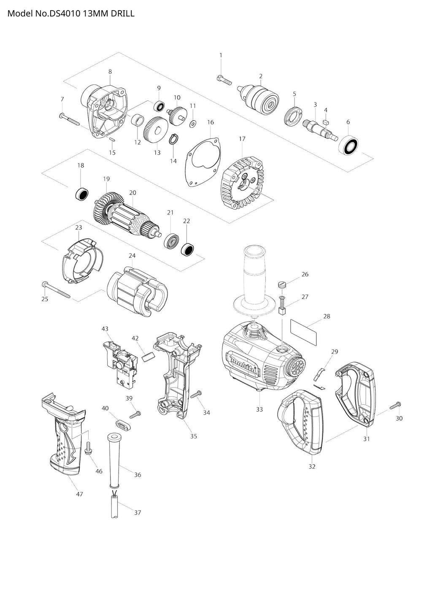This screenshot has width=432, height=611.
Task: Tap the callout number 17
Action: pyautogui.click(x=242, y=139)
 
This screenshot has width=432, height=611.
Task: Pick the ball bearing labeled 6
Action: pyautogui.click(x=350, y=145)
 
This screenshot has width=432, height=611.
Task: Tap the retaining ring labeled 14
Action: pyautogui.click(x=173, y=139)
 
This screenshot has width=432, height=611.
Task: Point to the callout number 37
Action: pyautogui.click(x=138, y=512)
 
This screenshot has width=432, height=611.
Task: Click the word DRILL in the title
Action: pyautogui.click(x=123, y=14)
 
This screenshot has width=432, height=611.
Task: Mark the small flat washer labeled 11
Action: pyautogui.click(x=193, y=123)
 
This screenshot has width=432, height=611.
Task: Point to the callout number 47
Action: pyautogui.click(x=79, y=494)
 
